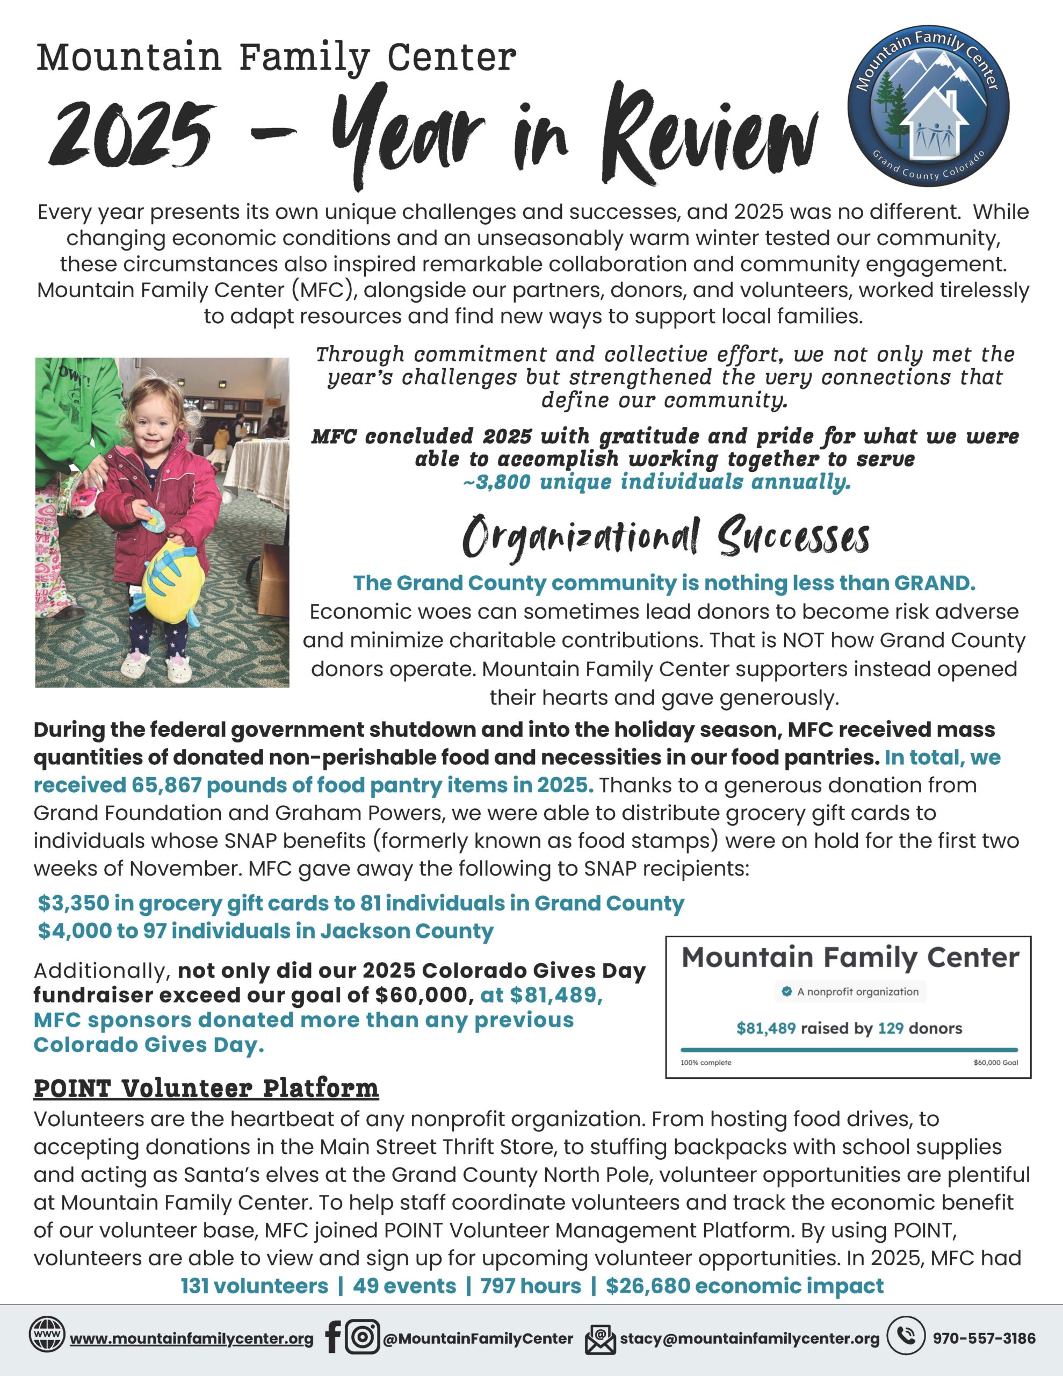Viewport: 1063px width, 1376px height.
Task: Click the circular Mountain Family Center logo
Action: [928, 106]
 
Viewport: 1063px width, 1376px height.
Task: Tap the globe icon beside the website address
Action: [47, 1334]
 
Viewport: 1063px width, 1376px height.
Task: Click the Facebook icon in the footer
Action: [333, 1336]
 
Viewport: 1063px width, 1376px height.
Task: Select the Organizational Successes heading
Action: [665, 537]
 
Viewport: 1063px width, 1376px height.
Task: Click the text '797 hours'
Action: [531, 1286]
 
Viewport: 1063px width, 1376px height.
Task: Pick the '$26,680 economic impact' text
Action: [744, 1286]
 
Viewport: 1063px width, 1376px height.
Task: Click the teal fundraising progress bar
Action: [849, 1050]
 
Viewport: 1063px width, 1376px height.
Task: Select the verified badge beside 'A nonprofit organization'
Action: [786, 992]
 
